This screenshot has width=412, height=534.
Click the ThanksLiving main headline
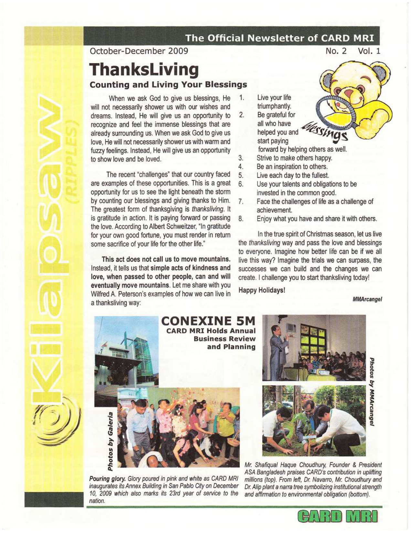coord(144,70)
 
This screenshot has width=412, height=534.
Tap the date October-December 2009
coord(139,51)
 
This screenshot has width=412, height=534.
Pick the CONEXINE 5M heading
coord(208,321)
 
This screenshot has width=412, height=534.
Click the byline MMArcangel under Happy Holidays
coord(367,299)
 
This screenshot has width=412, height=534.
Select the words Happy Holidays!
coord(262,290)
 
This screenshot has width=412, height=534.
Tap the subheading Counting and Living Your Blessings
coord(168,85)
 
